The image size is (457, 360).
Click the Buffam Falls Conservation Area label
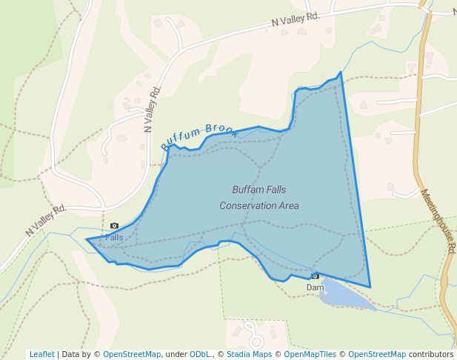point(259,197)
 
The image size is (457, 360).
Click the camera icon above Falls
point(114,226)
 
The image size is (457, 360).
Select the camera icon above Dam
point(315,276)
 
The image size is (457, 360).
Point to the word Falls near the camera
point(114,237)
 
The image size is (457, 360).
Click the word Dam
point(315,287)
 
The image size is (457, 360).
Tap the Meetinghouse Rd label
point(438,221)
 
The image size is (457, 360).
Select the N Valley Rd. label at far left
point(46,221)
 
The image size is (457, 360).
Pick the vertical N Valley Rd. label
point(153,108)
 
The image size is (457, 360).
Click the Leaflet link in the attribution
point(41,354)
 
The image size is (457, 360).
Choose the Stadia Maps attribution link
point(249,354)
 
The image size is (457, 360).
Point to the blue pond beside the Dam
point(344,296)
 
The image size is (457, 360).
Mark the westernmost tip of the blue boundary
point(87,239)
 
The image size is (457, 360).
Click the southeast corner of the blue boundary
point(370,287)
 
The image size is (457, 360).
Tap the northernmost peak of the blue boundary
point(341,73)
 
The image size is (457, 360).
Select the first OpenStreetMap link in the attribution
point(132,354)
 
